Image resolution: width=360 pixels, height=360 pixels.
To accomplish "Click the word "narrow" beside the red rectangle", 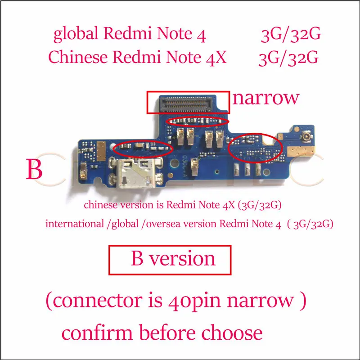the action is pos(266,99).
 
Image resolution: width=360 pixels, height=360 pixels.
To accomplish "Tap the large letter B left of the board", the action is pos(35,169).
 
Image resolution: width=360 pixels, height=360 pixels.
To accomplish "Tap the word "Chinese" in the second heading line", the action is pos(78,57).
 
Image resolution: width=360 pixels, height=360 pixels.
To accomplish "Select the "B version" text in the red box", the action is pos(173,259).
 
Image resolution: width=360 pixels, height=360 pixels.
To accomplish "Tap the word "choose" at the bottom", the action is pos(232,333).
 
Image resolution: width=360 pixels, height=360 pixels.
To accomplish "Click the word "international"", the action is pos(75,224).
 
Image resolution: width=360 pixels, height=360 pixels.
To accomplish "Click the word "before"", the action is pos(167,333).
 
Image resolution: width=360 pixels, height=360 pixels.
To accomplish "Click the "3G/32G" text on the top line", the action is pos(291,35).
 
